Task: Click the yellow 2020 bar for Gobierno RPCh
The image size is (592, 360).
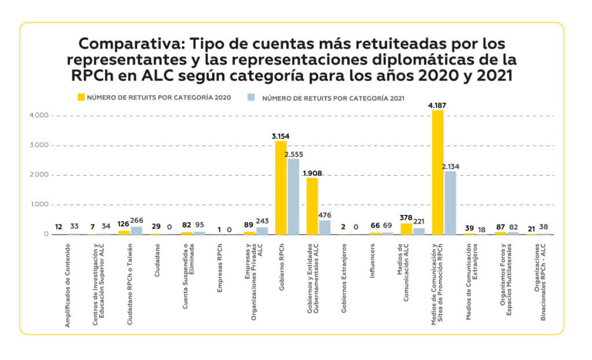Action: click(281, 188)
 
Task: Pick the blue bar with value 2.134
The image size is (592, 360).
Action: click(450, 202)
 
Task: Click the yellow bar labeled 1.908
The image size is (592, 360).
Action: click(312, 206)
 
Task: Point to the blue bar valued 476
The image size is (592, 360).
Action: click(325, 227)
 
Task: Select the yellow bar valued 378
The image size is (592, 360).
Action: click(406, 228)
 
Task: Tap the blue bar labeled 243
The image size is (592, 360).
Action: click(262, 231)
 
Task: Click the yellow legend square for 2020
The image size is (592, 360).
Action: click(82, 97)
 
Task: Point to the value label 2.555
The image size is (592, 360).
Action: click(294, 154)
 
